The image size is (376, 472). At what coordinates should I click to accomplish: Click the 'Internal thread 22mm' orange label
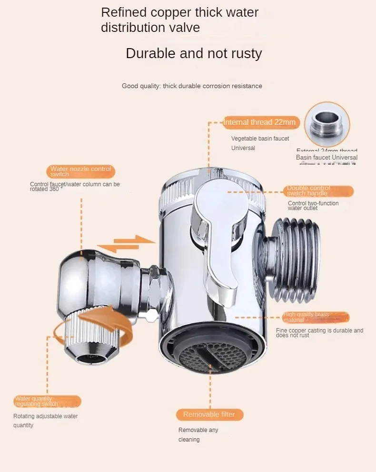(260, 122)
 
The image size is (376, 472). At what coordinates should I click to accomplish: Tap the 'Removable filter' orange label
(209, 414)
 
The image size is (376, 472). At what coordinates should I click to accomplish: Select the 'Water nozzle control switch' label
(81, 171)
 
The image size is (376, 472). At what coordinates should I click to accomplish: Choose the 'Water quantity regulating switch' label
(47, 401)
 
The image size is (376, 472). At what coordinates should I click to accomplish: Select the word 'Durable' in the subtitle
(150, 53)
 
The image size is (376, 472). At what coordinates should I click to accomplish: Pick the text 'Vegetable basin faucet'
(260, 139)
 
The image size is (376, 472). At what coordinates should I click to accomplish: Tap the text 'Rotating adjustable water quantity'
(45, 421)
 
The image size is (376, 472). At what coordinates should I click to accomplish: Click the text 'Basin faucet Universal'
(327, 158)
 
